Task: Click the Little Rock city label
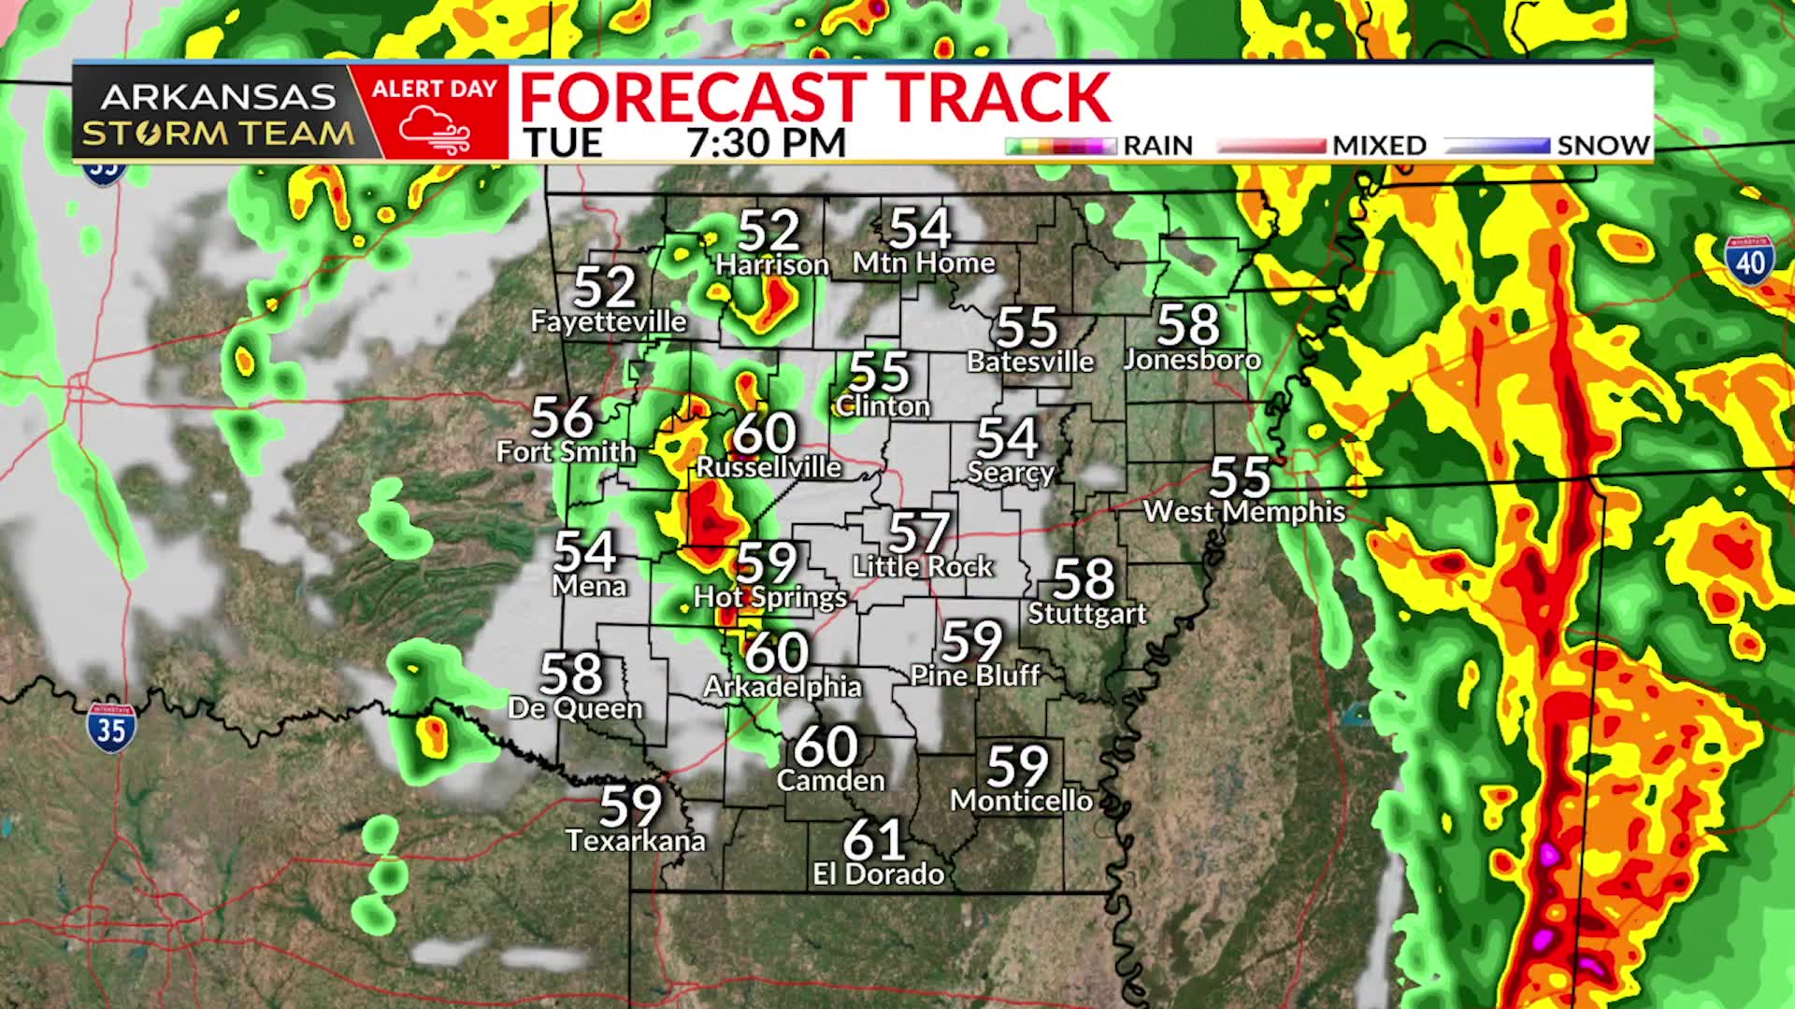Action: (x=923, y=566)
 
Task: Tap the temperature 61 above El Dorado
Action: (x=874, y=840)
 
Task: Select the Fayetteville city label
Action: (x=609, y=321)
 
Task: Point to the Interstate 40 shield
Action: (x=1749, y=262)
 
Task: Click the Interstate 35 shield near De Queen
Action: (x=111, y=728)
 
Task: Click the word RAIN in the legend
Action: (x=1157, y=146)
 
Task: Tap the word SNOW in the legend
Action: (x=1603, y=146)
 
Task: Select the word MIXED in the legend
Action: (x=1379, y=146)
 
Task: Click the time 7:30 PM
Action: (x=766, y=143)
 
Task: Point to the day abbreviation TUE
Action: (x=563, y=143)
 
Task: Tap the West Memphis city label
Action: (x=1244, y=511)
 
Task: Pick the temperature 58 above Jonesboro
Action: (x=1188, y=325)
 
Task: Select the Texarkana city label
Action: (x=636, y=841)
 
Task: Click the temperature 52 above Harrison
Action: (x=769, y=230)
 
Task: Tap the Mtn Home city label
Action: (x=924, y=263)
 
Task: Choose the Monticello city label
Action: (x=1022, y=801)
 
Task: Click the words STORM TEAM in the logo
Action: (x=218, y=134)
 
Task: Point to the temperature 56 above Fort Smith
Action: (x=562, y=418)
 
